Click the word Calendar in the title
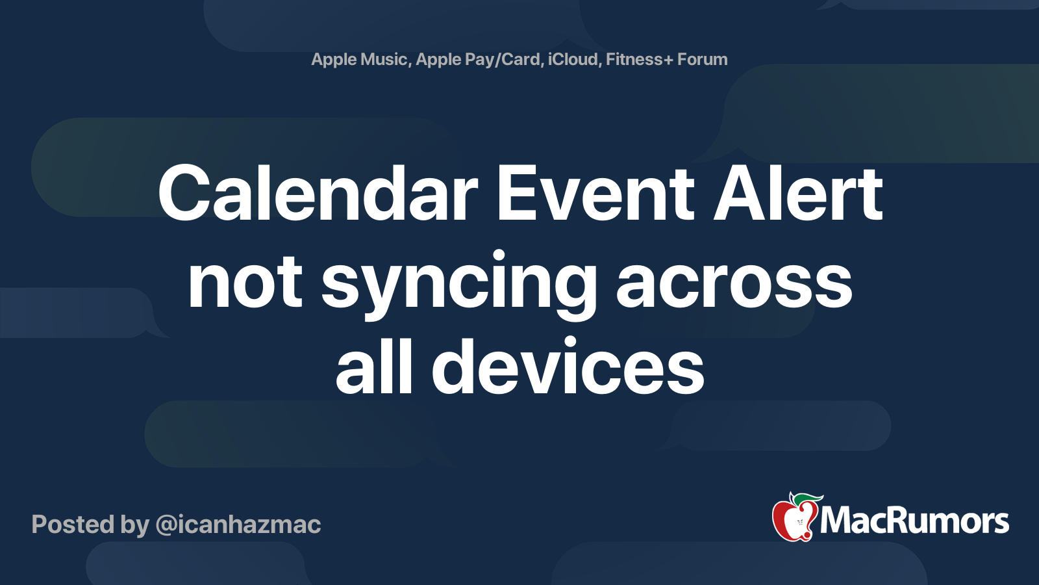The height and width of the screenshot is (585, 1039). pyautogui.click(x=318, y=194)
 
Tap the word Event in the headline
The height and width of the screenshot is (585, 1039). pyautogui.click(x=595, y=194)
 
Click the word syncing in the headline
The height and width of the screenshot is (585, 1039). pyautogui.click(x=458, y=283)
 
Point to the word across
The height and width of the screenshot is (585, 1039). pyautogui.click(x=734, y=283)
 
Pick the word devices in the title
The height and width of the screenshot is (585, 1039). pyautogui.click(x=568, y=368)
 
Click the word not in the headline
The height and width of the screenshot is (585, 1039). pyautogui.click(x=245, y=283)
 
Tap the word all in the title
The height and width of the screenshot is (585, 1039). pyautogui.click(x=374, y=368)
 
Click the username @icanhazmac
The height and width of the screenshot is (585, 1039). pyautogui.click(x=238, y=525)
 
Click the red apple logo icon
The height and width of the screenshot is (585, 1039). pyautogui.click(x=793, y=520)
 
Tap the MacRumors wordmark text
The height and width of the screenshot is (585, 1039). pyautogui.click(x=914, y=521)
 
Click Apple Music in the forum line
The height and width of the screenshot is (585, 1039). pyautogui.click(x=359, y=59)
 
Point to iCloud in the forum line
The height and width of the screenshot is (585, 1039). pyautogui.click(x=573, y=59)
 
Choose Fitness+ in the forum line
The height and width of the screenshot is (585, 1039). pyautogui.click(x=639, y=59)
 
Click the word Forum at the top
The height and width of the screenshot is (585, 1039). pyautogui.click(x=702, y=59)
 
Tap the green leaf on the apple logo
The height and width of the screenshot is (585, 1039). pyautogui.click(x=806, y=499)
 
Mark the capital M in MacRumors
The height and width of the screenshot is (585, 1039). pyautogui.click(x=837, y=521)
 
